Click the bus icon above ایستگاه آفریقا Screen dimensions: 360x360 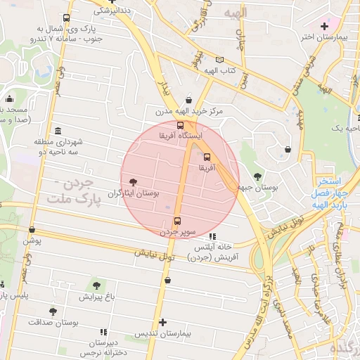pyautogui.click(x=181, y=125)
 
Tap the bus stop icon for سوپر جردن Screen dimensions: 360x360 pyautogui.click(x=176, y=219)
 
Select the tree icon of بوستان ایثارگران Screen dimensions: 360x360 pyautogui.click(x=134, y=182)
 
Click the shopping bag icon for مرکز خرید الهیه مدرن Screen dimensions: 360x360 pyautogui.click(x=188, y=101)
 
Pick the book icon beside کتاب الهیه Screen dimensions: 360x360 pyautogui.click(x=220, y=60)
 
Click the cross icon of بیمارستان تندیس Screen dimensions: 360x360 pyautogui.click(x=163, y=322)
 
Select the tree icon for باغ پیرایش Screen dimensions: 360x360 pyautogui.click(x=96, y=285)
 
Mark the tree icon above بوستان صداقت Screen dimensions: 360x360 pyautogui.click(x=53, y=311)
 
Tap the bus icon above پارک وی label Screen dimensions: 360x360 pyautogui.click(x=66, y=18)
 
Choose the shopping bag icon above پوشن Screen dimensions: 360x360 pyautogui.click(x=32, y=229)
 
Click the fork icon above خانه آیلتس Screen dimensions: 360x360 pyautogui.click(x=212, y=236)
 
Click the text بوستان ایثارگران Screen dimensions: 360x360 pyautogui.click(x=133, y=193)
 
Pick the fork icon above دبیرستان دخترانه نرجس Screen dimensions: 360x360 pyautogui.click(x=104, y=331)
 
